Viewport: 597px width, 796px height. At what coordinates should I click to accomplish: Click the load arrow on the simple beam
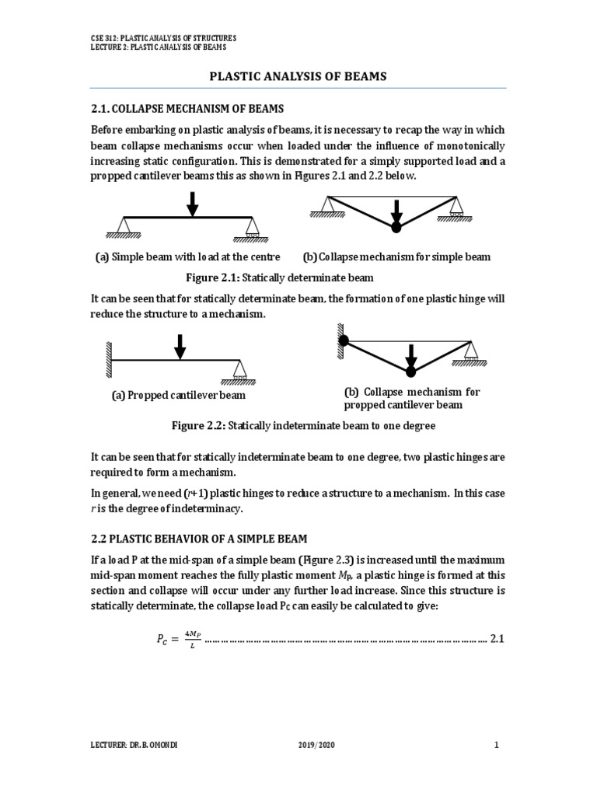[192, 204]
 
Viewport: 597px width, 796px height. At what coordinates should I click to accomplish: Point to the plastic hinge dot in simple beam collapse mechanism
[396, 227]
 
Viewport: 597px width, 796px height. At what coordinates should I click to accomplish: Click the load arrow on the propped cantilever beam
[180, 347]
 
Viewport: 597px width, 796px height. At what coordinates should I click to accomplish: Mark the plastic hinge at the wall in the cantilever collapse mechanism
[344, 340]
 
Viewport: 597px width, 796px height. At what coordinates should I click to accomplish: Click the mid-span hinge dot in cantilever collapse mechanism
[411, 372]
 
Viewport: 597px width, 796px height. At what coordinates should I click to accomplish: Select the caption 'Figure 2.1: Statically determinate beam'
[278, 277]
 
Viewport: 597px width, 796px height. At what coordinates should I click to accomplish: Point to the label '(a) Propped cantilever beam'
[179, 395]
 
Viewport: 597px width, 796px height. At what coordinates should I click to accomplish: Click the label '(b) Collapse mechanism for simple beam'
[396, 257]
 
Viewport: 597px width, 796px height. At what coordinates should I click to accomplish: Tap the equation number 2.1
[498, 639]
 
